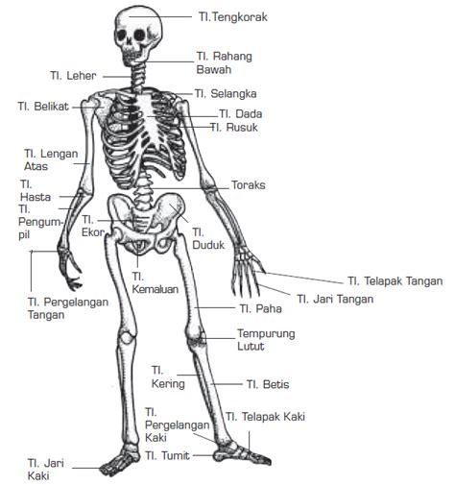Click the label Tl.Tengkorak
pyautogui.click(x=233, y=17)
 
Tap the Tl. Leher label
pyautogui.click(x=73, y=76)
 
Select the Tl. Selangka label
pyautogui.click(x=226, y=93)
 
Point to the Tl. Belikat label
pyautogui.click(x=43, y=107)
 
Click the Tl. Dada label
pyautogui.click(x=241, y=113)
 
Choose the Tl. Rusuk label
pyautogui.click(x=234, y=128)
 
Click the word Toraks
pyautogui.click(x=249, y=185)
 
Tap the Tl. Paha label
pyautogui.click(x=260, y=308)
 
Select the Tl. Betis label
pyautogui.click(x=268, y=384)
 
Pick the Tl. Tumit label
pyautogui.click(x=167, y=455)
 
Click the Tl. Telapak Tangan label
pyautogui.click(x=395, y=281)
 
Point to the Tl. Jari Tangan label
pyautogui.click(x=335, y=299)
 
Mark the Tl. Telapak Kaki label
pyautogui.click(x=265, y=417)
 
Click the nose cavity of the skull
pyautogui.click(x=130, y=45)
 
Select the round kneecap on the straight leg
pyautogui.click(x=127, y=338)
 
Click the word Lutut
pyautogui.click(x=251, y=346)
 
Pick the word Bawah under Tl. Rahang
pyautogui.click(x=214, y=69)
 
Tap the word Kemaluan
pyautogui.click(x=156, y=289)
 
